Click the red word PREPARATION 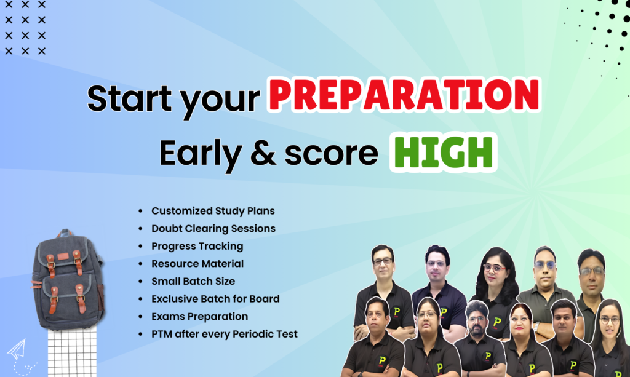[404, 95]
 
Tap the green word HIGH [443, 153]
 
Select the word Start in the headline [129, 98]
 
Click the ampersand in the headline [263, 153]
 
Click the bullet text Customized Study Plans [213, 211]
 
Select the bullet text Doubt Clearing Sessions [213, 228]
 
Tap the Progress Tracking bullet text [197, 246]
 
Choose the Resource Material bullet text [197, 264]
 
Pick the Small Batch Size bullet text [193, 281]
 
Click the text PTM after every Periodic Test [225, 334]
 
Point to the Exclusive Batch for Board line [215, 299]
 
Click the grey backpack [68, 279]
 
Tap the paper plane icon [17, 349]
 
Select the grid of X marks [25, 27]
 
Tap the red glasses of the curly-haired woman [494, 268]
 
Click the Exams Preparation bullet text [200, 316]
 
